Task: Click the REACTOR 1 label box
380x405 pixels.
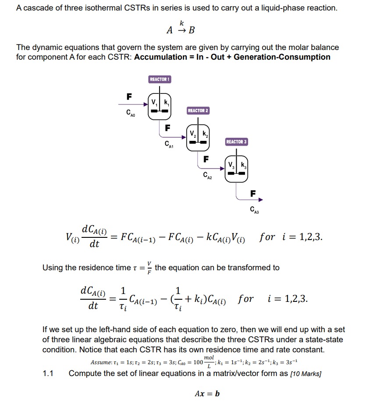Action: click(x=160, y=79)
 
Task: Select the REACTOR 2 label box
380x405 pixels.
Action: click(x=198, y=111)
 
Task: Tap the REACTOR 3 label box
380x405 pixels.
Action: click(x=237, y=142)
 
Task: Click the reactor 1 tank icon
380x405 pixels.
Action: click(x=160, y=105)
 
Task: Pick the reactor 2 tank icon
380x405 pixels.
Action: click(x=198, y=136)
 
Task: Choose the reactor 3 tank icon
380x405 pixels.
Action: click(x=237, y=168)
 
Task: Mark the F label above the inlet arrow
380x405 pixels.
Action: click(x=129, y=96)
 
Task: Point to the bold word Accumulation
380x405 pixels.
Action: click(x=160, y=57)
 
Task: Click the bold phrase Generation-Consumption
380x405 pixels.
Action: click(x=282, y=57)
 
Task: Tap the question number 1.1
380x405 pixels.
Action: click(x=48, y=373)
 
